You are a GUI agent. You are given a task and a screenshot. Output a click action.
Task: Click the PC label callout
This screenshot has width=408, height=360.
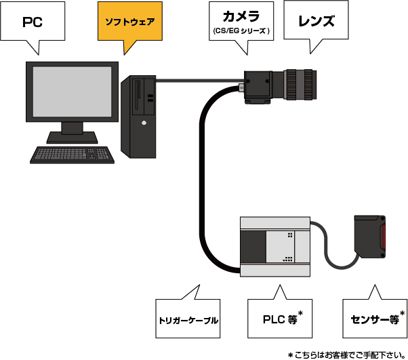pyautogui.click(x=33, y=22)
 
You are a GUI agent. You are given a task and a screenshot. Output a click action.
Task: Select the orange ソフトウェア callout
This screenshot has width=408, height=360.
pyautogui.click(x=129, y=22)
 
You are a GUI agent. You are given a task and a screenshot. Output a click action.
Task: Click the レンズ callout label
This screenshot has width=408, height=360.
pyautogui.click(x=317, y=21)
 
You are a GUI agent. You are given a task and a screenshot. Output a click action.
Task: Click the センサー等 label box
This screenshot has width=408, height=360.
pyautogui.click(x=374, y=317)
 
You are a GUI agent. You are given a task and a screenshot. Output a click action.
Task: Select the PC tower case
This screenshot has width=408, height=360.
pyautogui.click(x=138, y=115)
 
